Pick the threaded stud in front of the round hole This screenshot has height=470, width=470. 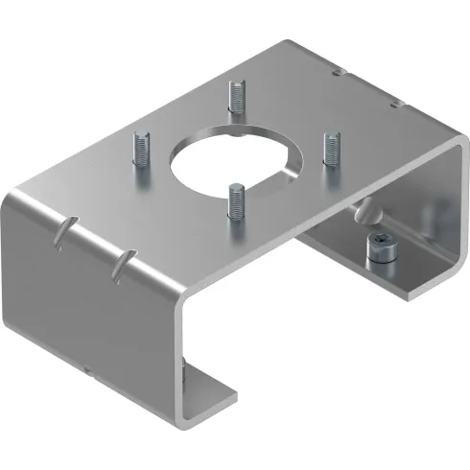236,203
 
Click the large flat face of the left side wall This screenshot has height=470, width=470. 96,297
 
